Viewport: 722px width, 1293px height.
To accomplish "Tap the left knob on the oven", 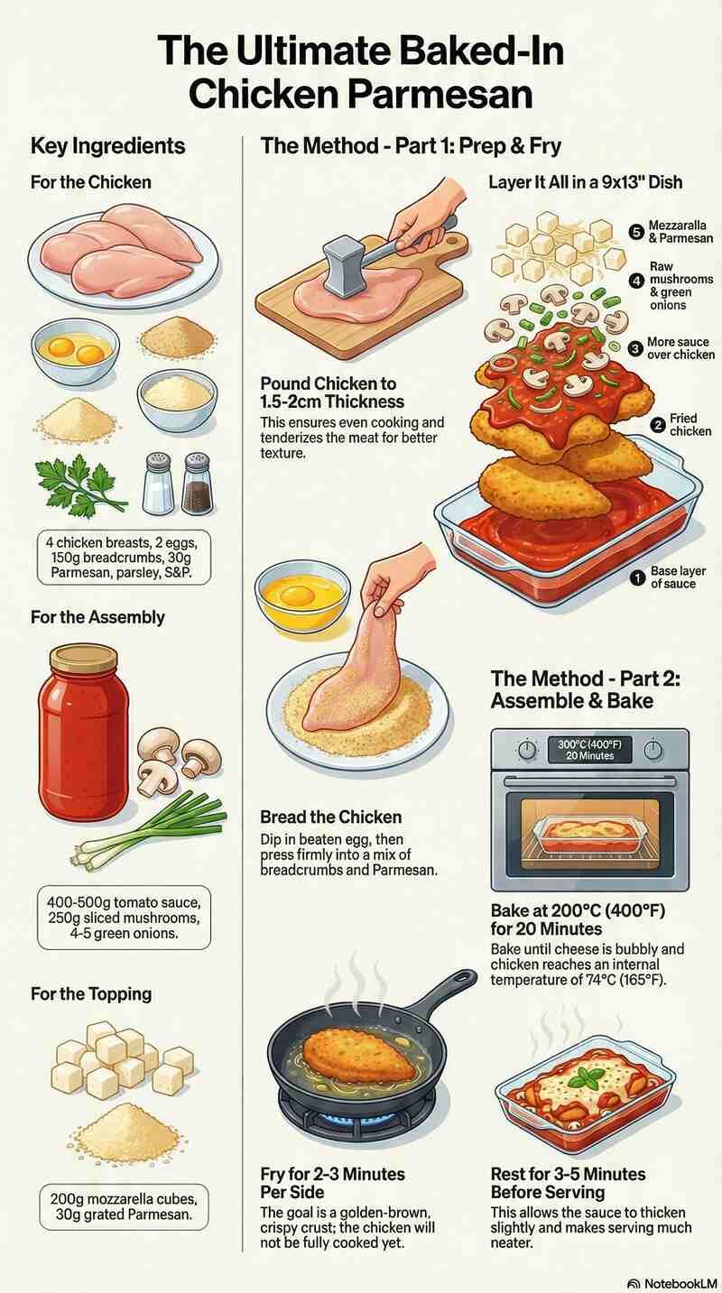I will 527,750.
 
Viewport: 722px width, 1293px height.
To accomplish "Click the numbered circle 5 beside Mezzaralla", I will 636,231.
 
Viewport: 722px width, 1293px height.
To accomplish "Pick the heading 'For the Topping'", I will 91,993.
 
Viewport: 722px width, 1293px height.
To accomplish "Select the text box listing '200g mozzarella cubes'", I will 124,1206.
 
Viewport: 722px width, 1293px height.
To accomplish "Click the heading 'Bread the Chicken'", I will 330,817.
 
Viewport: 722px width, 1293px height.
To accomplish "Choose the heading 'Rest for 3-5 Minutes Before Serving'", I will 568,1183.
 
